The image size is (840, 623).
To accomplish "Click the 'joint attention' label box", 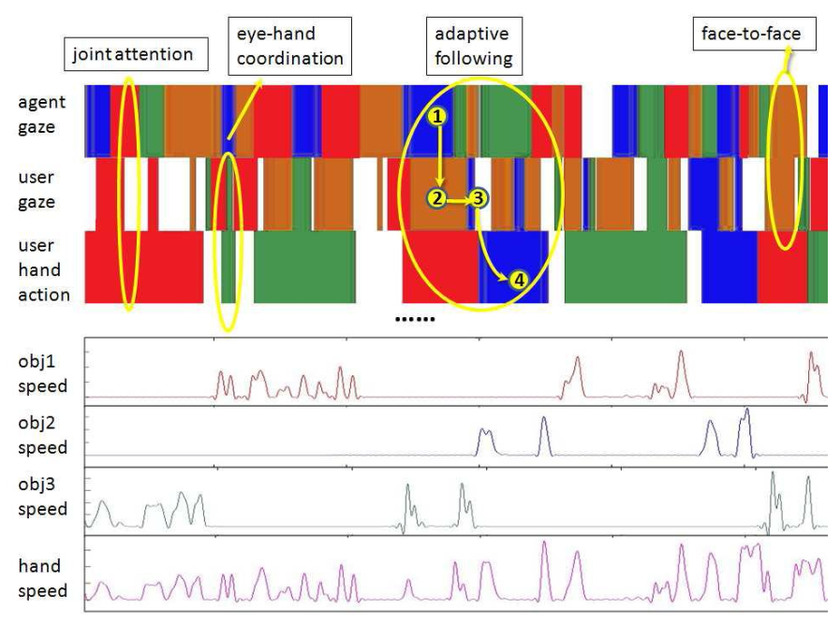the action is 136,54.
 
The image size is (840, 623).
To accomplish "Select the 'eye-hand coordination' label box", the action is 289,46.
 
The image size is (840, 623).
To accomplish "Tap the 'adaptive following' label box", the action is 474,46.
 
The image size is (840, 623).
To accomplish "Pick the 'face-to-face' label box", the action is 754,34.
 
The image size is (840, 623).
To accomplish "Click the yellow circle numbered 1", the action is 437,116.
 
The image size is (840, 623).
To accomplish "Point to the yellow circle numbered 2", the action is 437,198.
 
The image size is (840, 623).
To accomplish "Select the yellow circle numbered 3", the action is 478,198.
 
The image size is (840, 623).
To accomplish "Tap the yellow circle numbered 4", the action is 519,280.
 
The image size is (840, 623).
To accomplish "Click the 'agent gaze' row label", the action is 42,114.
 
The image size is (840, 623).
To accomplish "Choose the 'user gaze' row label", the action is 37,190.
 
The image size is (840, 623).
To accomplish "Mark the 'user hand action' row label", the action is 44,269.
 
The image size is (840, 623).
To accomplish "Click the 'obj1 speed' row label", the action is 43,373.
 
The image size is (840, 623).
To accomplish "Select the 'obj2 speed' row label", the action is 43,435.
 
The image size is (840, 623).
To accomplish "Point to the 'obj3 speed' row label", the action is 43,497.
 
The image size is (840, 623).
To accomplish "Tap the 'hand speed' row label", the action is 43,578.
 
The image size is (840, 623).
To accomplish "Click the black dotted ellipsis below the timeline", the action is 415,320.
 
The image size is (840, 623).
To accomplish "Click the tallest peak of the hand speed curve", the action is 544,543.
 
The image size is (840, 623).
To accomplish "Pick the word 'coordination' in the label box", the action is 289,58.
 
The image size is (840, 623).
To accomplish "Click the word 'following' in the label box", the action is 474,58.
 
